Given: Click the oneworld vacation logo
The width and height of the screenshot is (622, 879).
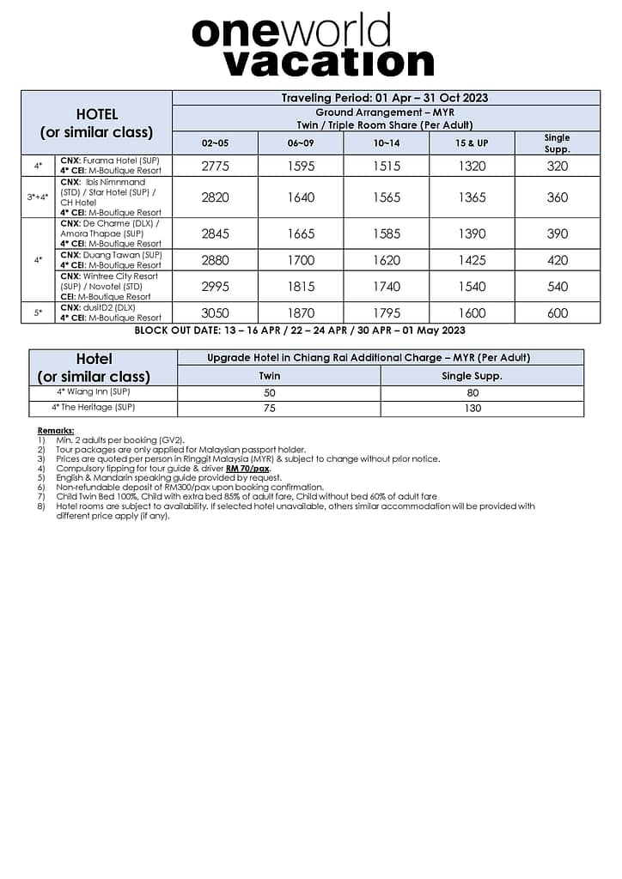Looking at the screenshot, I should point(313,45).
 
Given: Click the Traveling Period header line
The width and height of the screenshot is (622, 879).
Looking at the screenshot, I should point(385,98).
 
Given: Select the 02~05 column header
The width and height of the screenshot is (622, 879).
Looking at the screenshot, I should point(215,143).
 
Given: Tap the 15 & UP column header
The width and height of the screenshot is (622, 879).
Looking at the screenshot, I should point(472,143).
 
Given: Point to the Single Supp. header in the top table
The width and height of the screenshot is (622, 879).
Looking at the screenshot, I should point(557,142).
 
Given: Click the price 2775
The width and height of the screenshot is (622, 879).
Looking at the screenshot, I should point(215,167).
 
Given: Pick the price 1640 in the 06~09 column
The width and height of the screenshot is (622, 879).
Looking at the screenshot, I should point(301,197).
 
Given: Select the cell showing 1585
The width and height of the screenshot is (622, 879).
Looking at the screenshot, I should point(387,233).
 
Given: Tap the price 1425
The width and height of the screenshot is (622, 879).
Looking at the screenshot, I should point(472,260).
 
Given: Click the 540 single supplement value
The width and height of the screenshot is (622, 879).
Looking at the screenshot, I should point(557,287).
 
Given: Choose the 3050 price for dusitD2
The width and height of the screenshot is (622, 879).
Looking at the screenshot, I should point(215,313).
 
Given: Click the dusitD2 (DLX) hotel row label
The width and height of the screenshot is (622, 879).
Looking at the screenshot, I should point(110,307).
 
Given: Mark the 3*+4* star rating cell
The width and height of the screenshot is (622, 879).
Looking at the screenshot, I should point(38,197).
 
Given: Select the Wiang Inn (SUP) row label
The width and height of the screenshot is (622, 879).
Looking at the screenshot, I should point(95,392).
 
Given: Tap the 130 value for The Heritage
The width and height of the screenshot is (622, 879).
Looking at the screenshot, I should point(473,409).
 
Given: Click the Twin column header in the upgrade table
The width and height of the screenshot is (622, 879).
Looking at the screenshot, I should point(270,376).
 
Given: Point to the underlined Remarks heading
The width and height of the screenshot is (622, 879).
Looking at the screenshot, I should point(56,430).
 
